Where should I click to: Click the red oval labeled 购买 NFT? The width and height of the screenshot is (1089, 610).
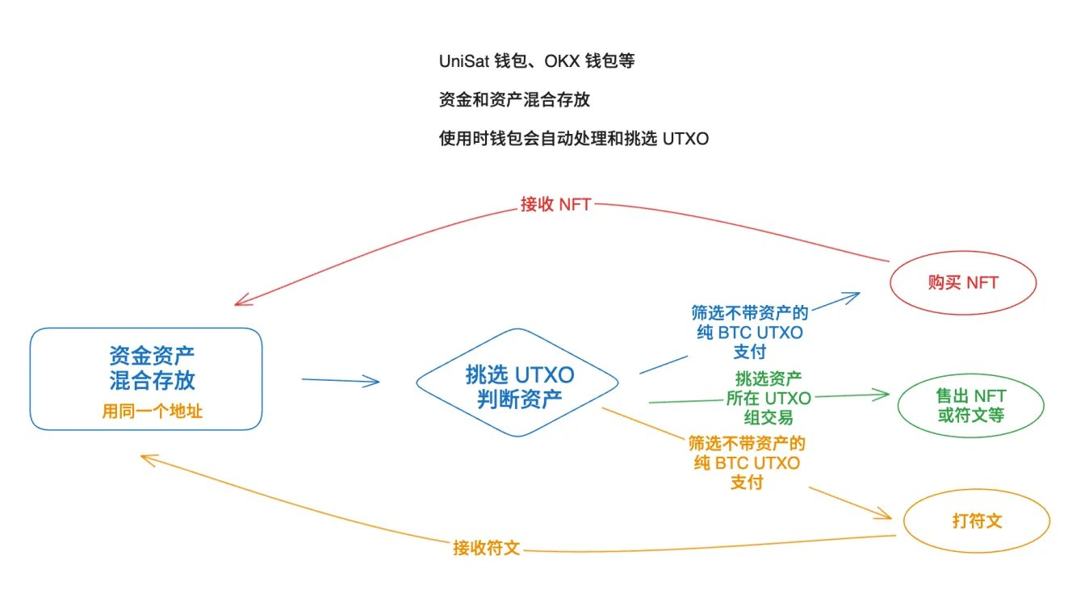point(962,283)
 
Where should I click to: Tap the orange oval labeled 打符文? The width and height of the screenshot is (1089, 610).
point(976,520)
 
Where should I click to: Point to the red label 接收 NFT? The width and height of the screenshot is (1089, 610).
point(555,204)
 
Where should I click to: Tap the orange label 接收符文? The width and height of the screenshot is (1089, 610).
point(486,548)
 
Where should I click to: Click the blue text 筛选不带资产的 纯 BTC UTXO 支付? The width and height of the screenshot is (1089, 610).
point(748,332)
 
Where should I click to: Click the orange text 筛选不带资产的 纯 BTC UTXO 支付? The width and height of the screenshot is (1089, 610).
point(747,462)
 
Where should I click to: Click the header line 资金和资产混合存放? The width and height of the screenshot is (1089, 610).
point(513,100)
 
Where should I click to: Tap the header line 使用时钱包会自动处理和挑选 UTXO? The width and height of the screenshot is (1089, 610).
point(573,139)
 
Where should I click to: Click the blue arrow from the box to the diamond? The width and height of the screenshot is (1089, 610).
point(340,381)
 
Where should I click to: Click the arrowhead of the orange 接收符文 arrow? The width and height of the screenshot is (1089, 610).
point(145,457)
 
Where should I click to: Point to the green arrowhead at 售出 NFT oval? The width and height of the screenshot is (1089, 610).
point(882,395)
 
